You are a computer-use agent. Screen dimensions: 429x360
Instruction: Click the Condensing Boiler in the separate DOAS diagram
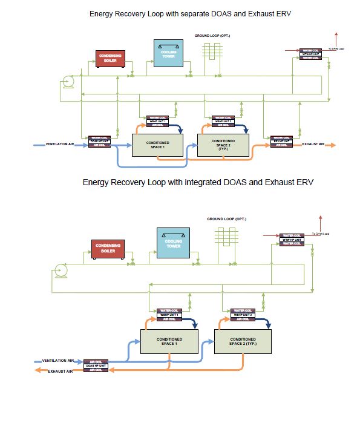(x=110, y=58)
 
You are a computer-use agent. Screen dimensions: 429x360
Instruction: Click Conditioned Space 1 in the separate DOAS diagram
(x=159, y=145)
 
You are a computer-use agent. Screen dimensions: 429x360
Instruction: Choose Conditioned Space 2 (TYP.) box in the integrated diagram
(x=243, y=342)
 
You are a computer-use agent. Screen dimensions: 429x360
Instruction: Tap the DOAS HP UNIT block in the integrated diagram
(x=96, y=365)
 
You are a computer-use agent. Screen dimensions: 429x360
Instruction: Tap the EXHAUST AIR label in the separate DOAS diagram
(x=313, y=145)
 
